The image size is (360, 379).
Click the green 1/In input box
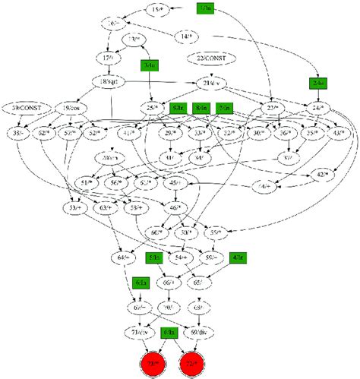[x=206, y=9]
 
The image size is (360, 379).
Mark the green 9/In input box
[x=178, y=109]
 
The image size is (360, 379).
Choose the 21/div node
[x=217, y=83]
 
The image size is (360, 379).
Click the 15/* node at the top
[x=157, y=9]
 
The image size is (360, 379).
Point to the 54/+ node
[x=180, y=258]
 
